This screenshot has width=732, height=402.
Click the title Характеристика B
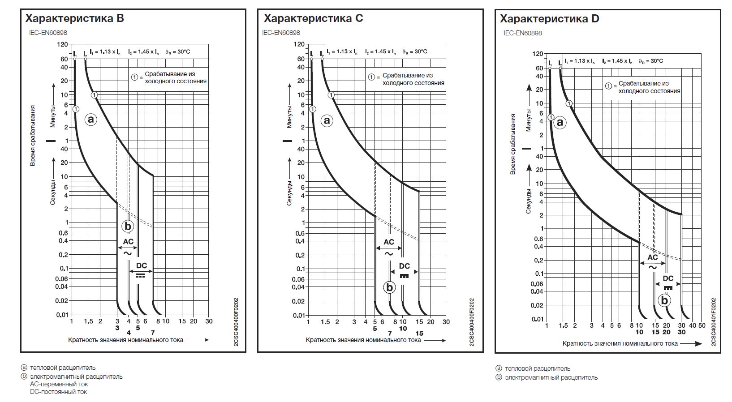tap(74, 18)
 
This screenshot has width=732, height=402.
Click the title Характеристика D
tap(549, 19)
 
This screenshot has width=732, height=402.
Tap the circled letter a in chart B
tap(91, 120)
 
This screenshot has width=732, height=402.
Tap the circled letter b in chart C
tap(389, 287)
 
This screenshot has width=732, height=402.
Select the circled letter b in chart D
tap(664, 300)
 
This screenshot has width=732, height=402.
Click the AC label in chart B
tap(128, 242)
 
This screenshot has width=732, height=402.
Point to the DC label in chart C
tap(404, 266)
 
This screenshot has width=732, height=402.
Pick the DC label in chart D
tap(668, 278)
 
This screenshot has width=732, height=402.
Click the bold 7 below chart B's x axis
tap(153, 333)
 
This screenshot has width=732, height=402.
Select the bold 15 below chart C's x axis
tap(419, 333)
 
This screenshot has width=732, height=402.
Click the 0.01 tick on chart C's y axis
tap(299, 315)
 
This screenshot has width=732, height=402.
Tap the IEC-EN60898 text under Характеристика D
tap(523, 33)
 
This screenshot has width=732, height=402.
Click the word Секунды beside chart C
tap(290, 193)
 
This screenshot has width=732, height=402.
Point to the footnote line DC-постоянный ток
tap(59, 392)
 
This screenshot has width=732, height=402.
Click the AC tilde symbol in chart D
tap(652, 267)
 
